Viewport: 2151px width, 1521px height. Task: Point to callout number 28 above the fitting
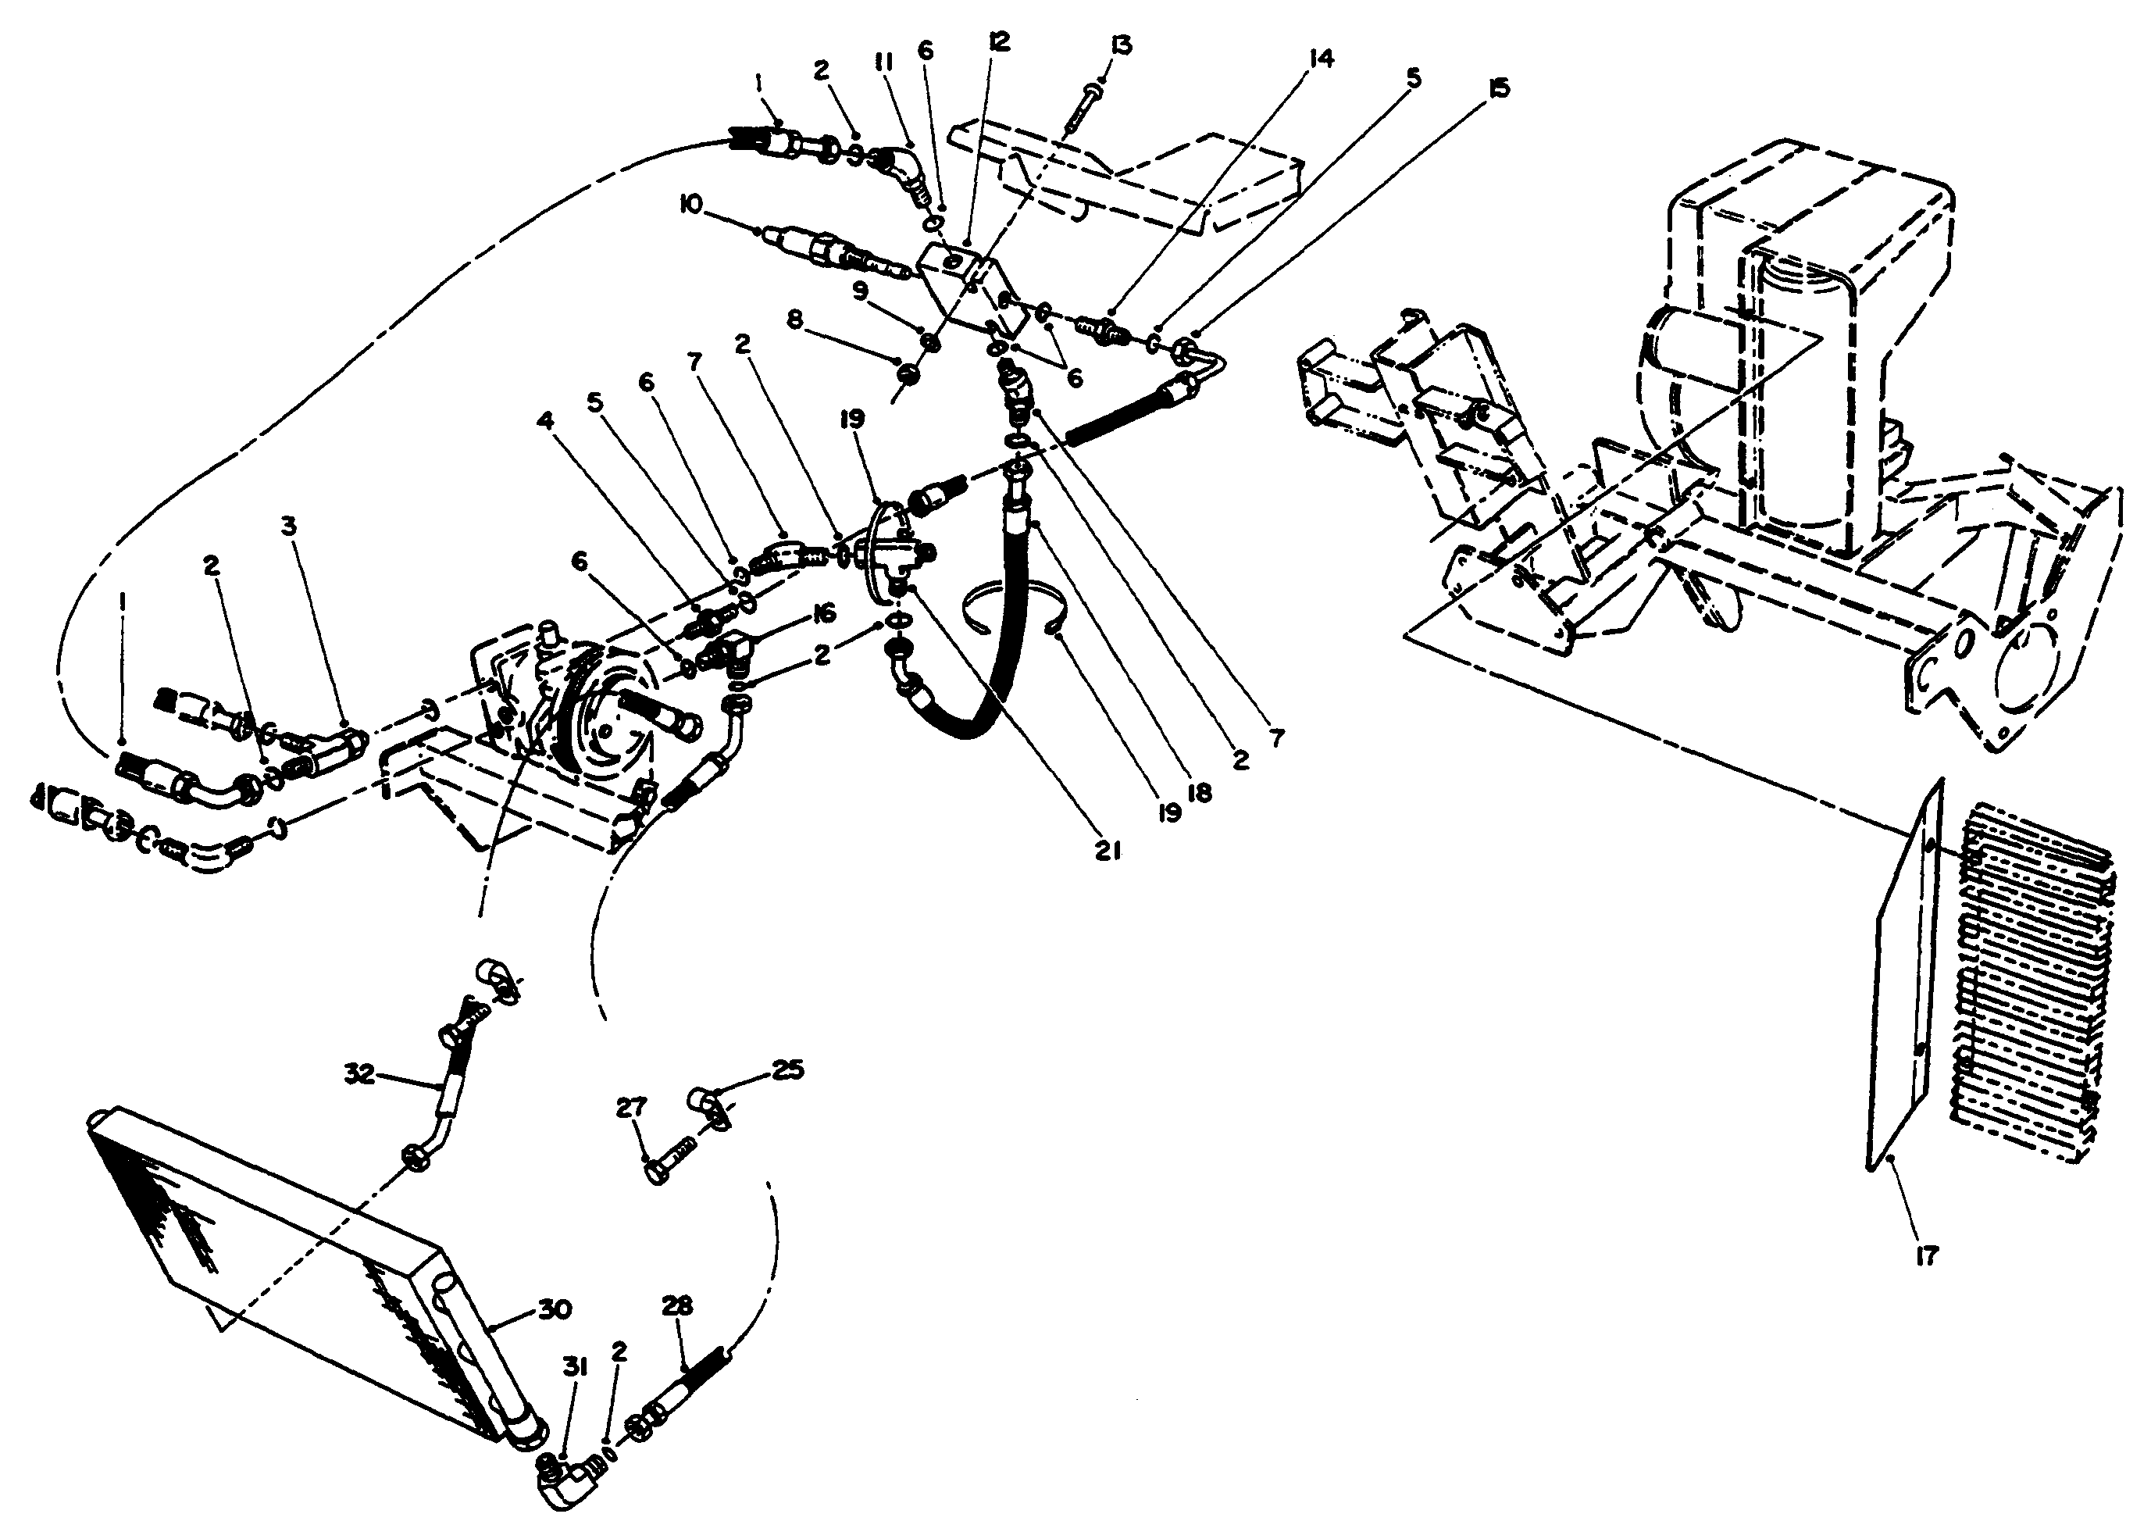click(x=676, y=1305)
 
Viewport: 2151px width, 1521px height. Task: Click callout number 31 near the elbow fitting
click(x=574, y=1368)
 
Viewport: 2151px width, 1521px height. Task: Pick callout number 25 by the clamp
click(x=788, y=1069)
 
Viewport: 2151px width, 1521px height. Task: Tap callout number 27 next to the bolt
click(x=631, y=1108)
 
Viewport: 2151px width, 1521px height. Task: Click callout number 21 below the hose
click(x=1108, y=851)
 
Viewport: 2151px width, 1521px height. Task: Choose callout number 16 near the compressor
click(x=822, y=614)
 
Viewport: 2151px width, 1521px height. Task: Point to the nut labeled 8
click(x=908, y=375)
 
